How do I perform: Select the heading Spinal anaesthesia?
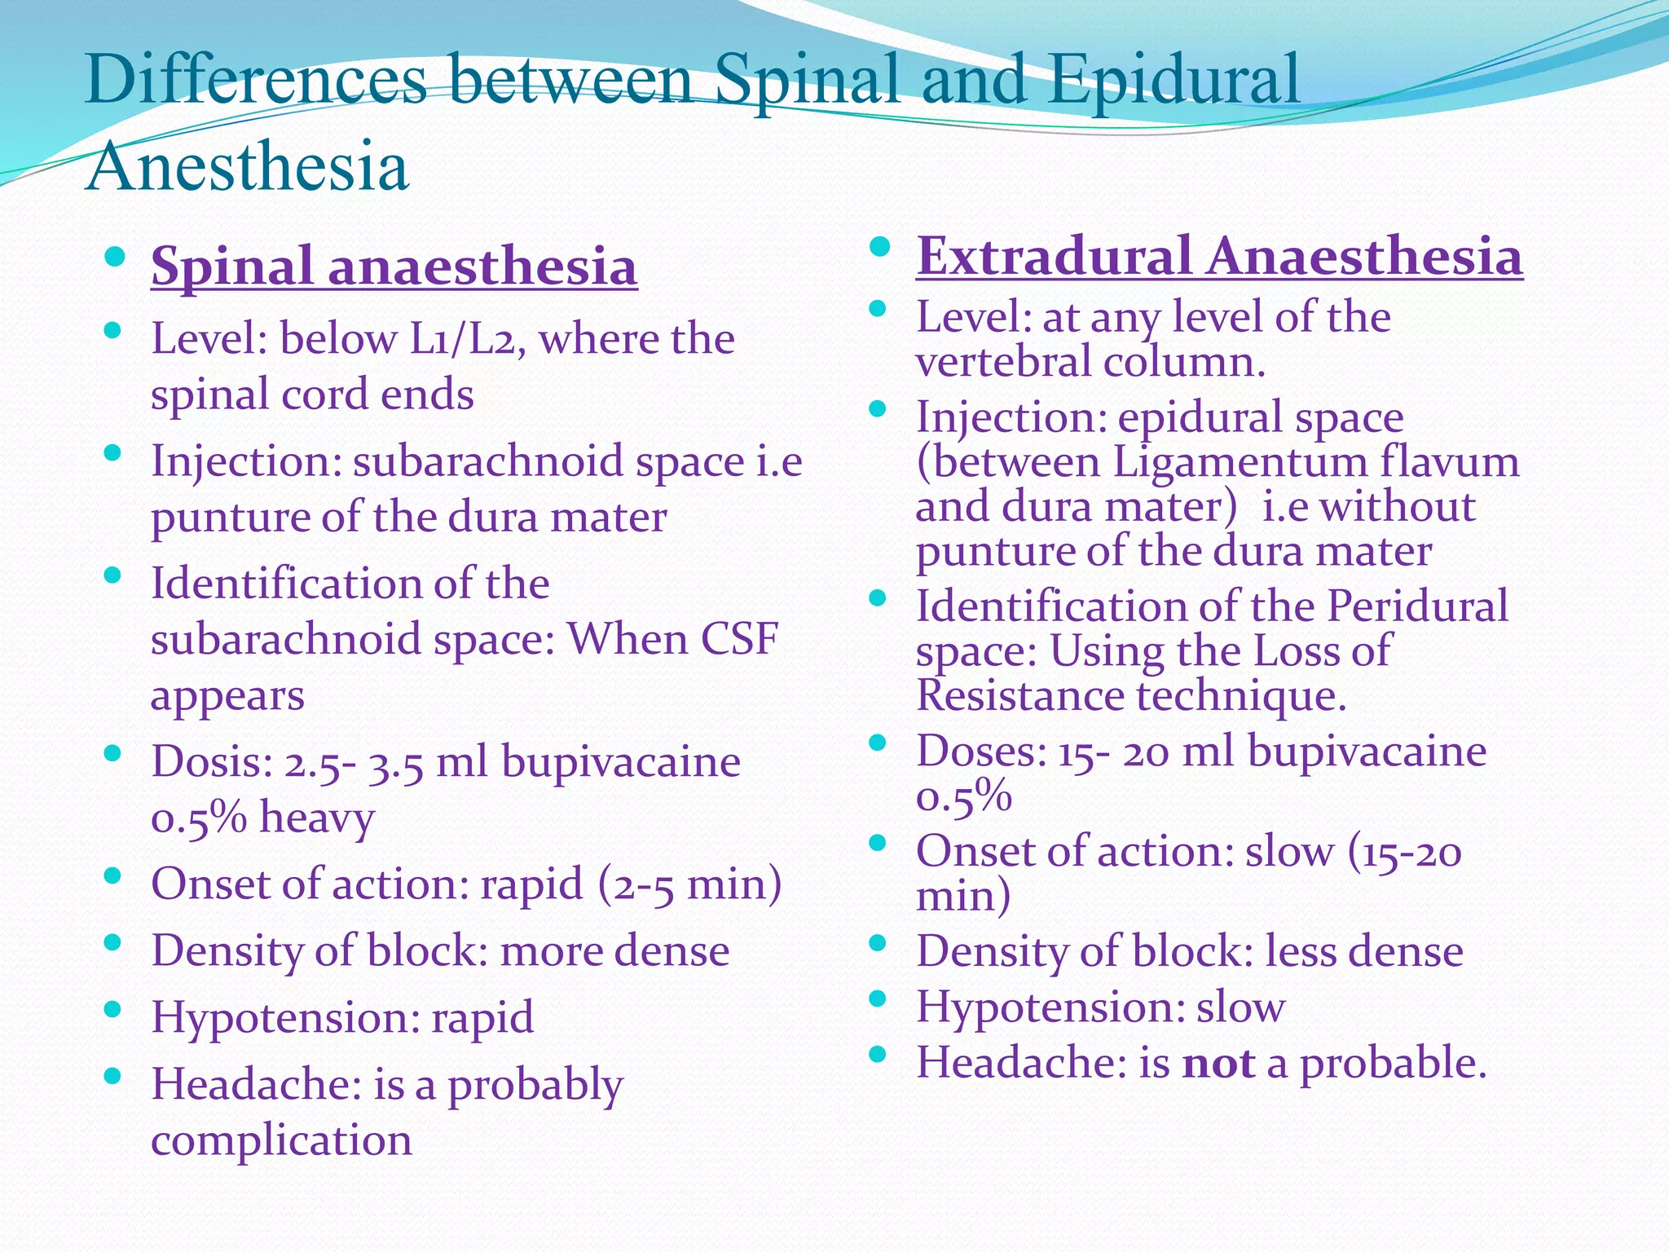pos(394,267)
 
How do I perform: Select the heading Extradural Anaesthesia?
pos(1219,256)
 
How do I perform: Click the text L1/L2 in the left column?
pos(462,339)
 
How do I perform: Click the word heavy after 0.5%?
pos(317,817)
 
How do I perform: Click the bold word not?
pos(1218,1063)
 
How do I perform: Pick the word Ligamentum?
pos(1240,462)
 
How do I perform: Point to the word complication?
pos(281,1140)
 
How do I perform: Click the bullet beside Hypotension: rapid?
pos(113,1011)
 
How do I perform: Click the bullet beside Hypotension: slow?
pos(877,999)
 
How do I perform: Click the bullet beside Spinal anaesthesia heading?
pos(114,259)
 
